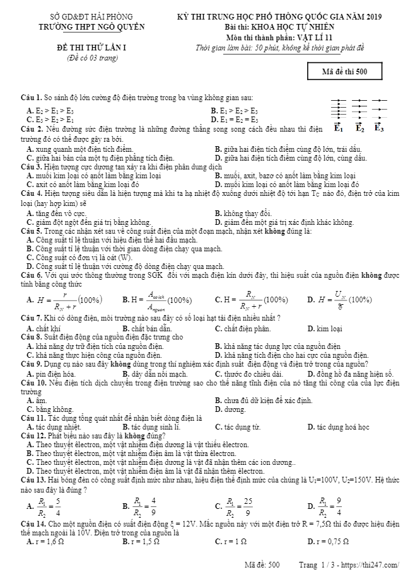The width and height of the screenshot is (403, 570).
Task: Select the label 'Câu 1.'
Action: [x=30, y=98]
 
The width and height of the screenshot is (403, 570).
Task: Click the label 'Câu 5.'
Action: [x=30, y=231]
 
